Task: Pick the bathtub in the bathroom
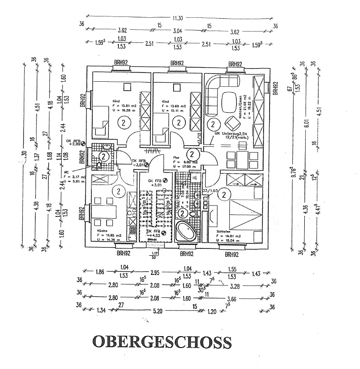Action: click(x=186, y=232)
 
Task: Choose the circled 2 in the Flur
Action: click(x=192, y=154)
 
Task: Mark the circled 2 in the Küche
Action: click(x=118, y=191)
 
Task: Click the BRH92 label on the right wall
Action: click(x=275, y=88)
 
